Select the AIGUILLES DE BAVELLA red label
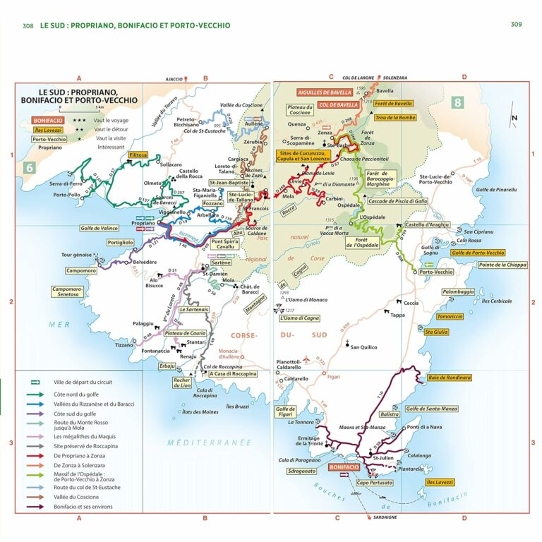325,92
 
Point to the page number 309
516,25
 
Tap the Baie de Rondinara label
449,378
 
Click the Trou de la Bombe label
395,118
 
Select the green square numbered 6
30,167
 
